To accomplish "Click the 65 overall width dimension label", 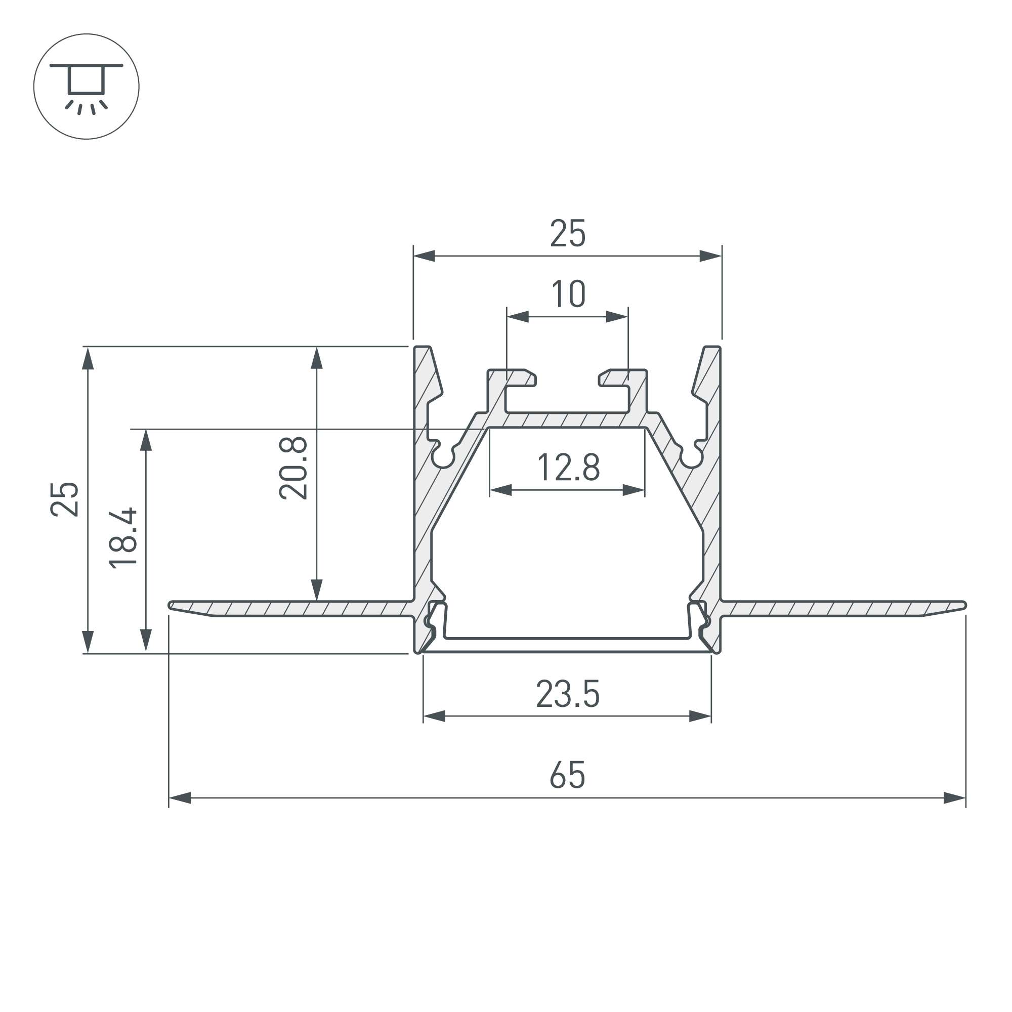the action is (x=567, y=775).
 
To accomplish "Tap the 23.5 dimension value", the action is (x=568, y=694).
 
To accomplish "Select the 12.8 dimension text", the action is (x=568, y=467).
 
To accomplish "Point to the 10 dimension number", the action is (x=568, y=294).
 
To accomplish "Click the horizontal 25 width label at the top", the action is (x=568, y=233).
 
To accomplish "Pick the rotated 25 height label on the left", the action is (x=65, y=499).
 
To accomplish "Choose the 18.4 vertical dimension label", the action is (x=123, y=538).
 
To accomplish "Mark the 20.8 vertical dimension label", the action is (x=293, y=468).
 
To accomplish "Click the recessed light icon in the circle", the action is (x=87, y=87).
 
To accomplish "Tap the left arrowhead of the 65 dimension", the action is (x=180, y=798).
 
